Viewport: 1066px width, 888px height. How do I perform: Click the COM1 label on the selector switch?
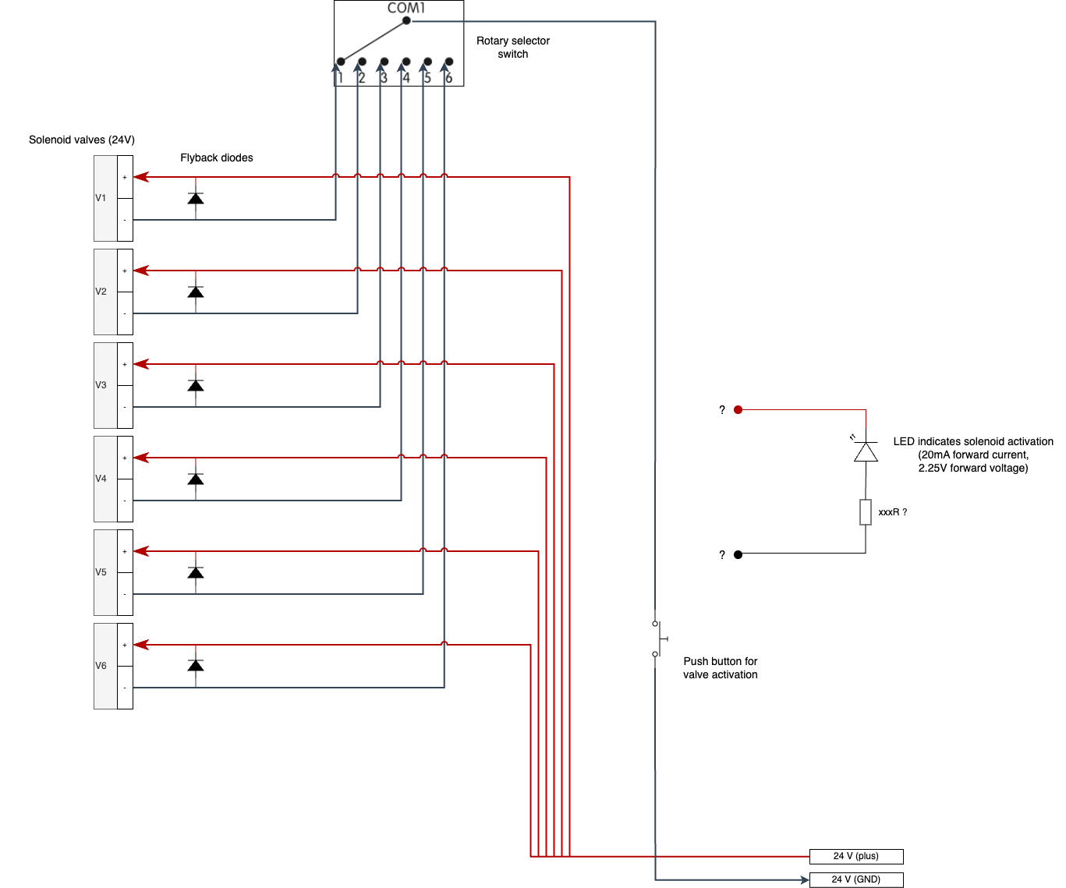(x=406, y=8)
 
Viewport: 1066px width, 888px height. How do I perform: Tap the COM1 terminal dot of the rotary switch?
(x=406, y=21)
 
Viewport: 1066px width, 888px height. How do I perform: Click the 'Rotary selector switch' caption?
(x=512, y=48)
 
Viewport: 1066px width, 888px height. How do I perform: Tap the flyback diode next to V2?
(x=196, y=292)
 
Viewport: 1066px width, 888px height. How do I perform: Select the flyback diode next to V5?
(x=196, y=572)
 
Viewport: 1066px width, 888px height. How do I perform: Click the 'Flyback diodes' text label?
(x=217, y=157)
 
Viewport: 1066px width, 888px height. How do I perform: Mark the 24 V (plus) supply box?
(x=855, y=856)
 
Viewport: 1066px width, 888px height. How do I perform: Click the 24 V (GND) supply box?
(x=855, y=879)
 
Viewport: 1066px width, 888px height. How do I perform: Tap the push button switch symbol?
(x=657, y=639)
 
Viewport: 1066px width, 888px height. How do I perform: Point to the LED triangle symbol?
(x=866, y=451)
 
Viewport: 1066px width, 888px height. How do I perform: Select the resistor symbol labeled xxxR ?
(x=866, y=512)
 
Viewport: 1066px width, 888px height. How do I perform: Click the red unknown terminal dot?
(x=738, y=409)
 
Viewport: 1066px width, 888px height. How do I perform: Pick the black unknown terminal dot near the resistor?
(x=738, y=554)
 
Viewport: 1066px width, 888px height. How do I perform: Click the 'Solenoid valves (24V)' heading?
(x=82, y=140)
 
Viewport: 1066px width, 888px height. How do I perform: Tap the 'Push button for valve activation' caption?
(x=720, y=668)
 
